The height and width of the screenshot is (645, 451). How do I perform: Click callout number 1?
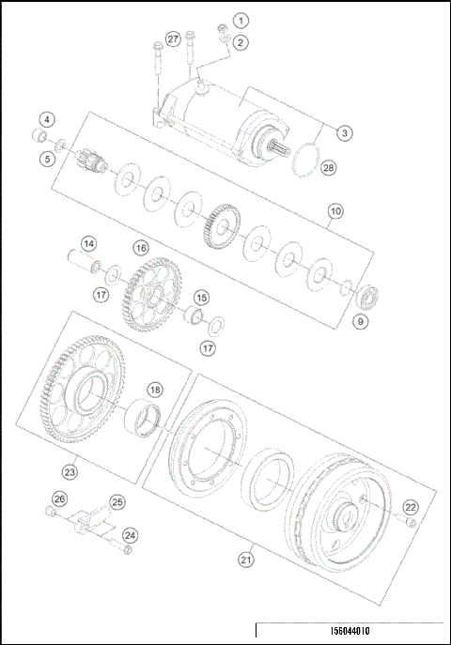tap(241, 20)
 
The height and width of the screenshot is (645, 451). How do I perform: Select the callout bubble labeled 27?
tap(172, 38)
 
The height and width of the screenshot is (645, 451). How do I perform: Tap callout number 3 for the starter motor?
tap(345, 133)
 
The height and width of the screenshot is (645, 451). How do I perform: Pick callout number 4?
tap(46, 119)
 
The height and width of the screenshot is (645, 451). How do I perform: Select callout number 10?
tap(335, 212)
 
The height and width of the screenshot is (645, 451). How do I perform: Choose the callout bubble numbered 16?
tap(140, 249)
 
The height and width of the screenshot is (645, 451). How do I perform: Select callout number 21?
tap(245, 560)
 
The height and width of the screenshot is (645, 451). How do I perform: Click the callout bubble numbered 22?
tap(411, 507)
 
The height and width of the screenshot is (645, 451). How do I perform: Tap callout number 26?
tap(59, 499)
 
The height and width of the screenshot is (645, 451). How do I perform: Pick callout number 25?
tap(117, 502)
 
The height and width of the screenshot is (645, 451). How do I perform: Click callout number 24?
tap(131, 535)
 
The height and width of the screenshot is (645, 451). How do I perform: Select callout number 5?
tap(46, 159)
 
